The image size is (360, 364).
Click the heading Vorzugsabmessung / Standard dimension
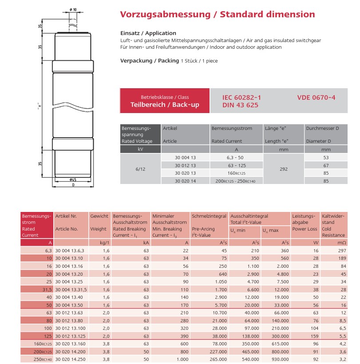point(218,14)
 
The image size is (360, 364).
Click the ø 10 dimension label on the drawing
point(73,9)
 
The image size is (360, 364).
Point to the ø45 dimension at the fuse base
point(73,180)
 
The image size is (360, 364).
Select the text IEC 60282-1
point(241,97)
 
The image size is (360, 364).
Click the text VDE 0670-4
point(316,97)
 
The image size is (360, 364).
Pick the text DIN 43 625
point(240,105)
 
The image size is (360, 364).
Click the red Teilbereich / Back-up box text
point(165,105)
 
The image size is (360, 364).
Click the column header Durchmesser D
point(322,128)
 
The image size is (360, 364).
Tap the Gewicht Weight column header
point(99,223)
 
